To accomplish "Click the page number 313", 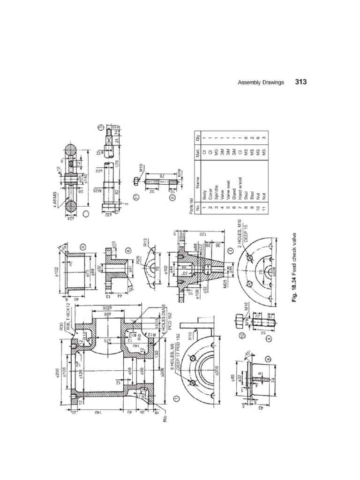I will pos(300,82).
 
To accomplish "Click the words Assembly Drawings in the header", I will pos(261,82).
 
